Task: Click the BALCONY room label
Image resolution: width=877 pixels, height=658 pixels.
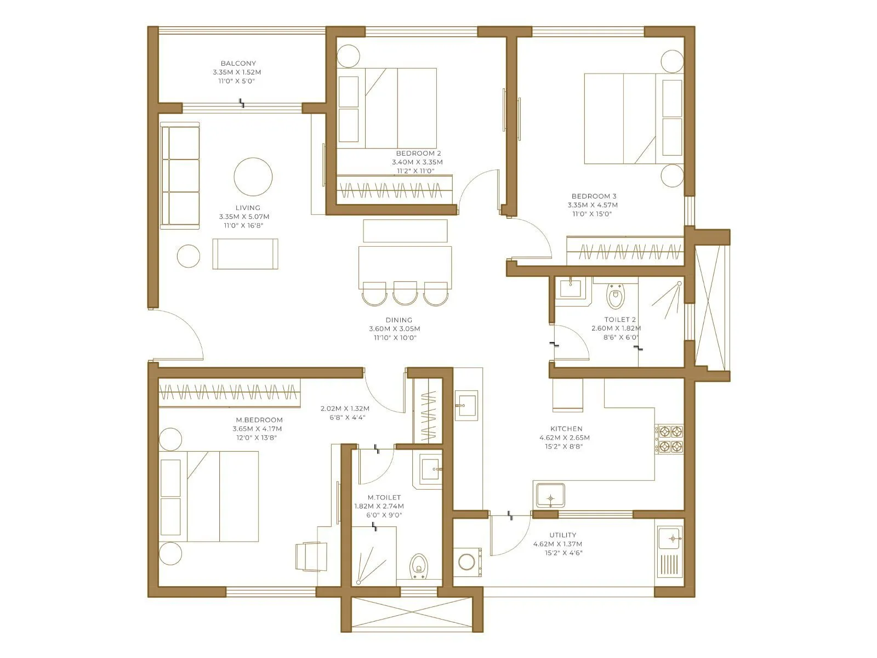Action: coord(238,64)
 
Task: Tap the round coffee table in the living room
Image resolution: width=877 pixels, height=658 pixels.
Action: coord(253,177)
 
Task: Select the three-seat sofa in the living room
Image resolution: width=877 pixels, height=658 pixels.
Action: coord(180,175)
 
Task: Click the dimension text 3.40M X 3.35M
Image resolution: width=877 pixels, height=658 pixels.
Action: coord(417,162)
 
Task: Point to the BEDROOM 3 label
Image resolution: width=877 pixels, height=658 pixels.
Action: coord(594,196)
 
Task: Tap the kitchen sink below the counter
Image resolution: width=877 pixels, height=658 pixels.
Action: coord(550,496)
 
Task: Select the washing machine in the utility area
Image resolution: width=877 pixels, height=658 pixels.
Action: coord(467,562)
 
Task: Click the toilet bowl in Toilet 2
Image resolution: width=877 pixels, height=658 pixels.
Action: coord(616,297)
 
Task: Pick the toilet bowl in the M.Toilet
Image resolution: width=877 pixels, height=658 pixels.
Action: coord(419,566)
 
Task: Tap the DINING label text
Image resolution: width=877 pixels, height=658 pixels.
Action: coord(398,320)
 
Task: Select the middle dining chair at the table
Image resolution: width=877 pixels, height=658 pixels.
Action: coord(405,293)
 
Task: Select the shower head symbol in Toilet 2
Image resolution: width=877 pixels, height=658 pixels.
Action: coord(679,284)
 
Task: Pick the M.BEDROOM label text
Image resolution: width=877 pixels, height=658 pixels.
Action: coord(259,420)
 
